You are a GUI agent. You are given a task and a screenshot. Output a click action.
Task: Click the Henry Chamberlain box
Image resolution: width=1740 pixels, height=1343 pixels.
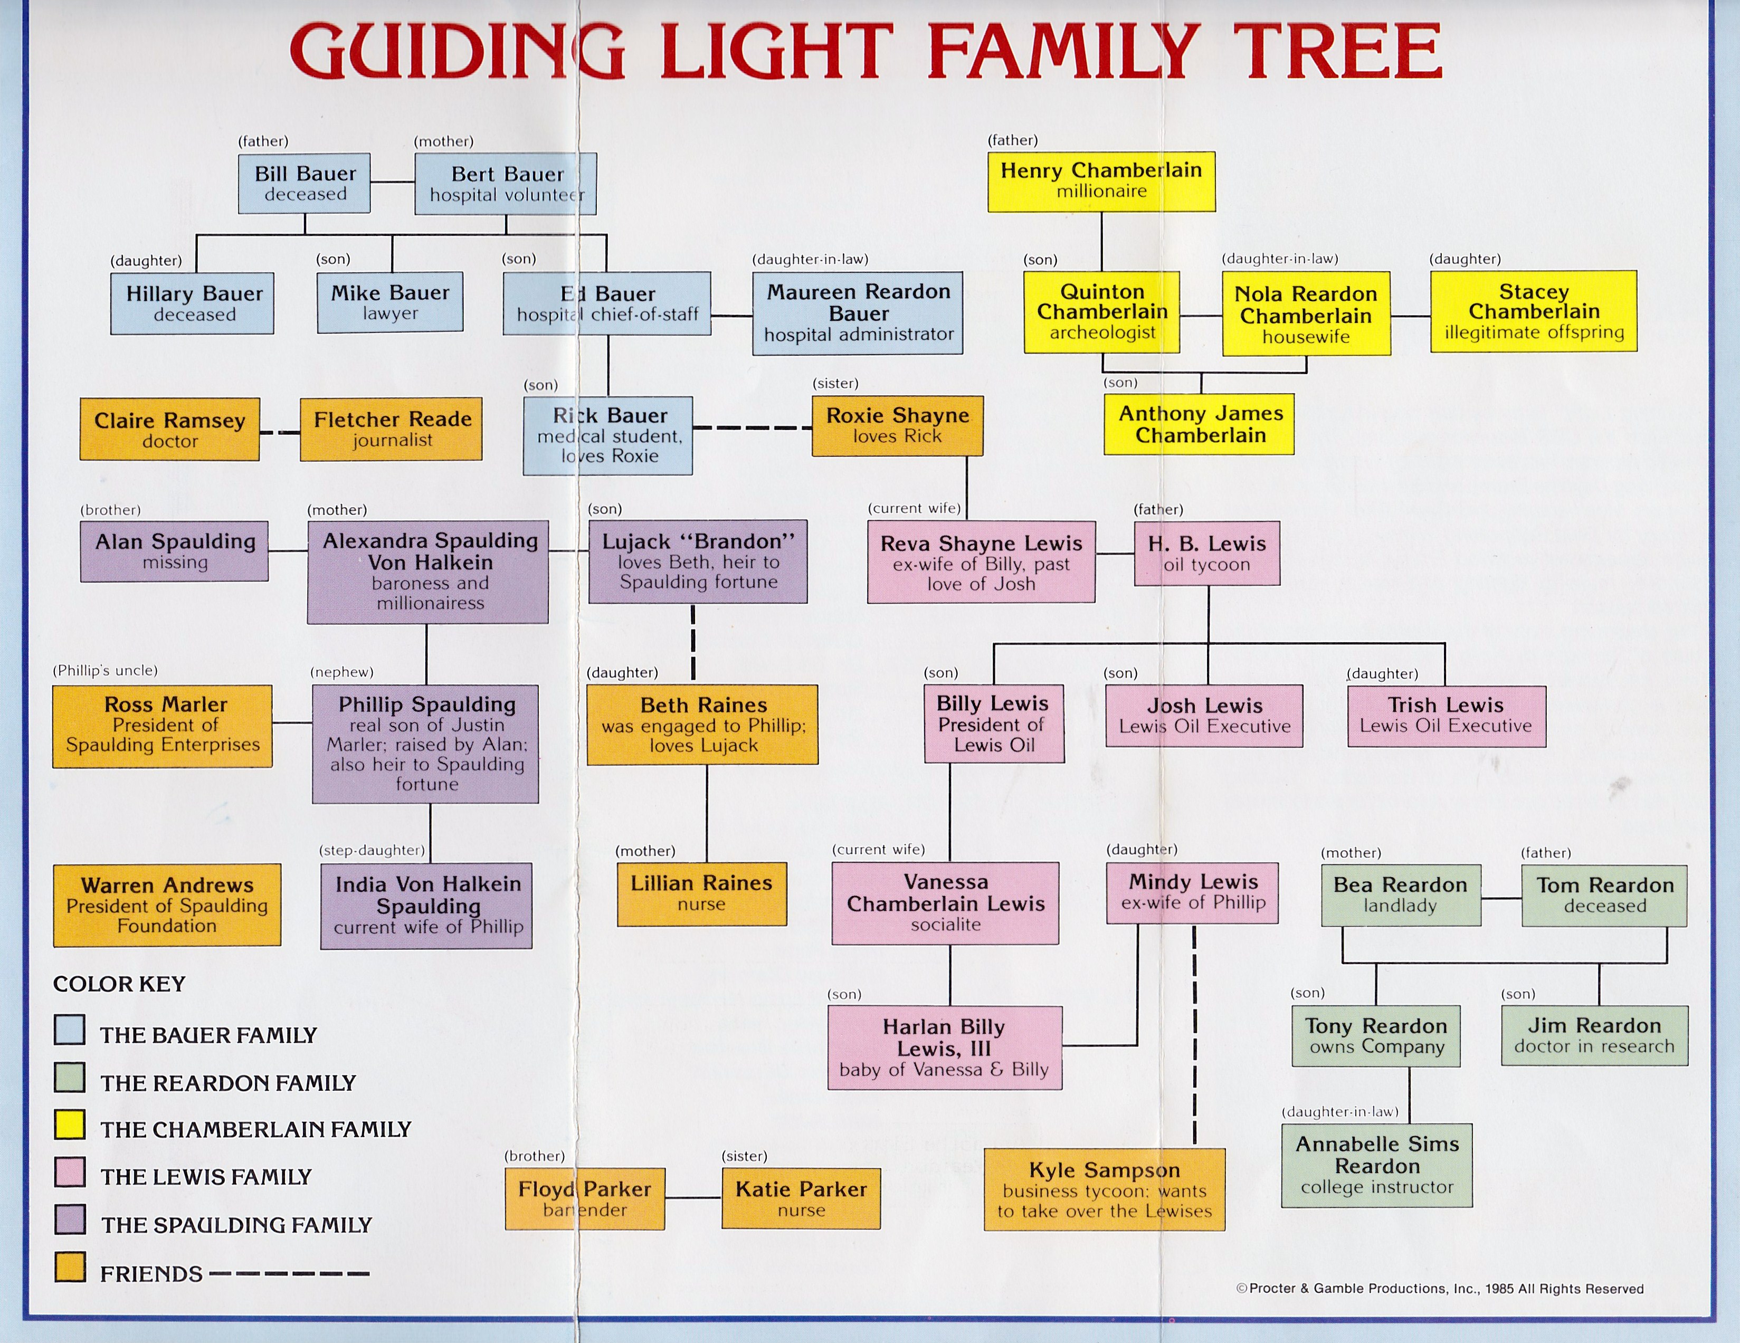click(x=1101, y=181)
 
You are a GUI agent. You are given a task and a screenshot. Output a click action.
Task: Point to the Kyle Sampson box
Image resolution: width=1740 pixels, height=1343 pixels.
click(x=1104, y=1189)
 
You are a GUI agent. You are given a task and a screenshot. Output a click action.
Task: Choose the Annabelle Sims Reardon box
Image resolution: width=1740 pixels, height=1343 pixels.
click(x=1377, y=1165)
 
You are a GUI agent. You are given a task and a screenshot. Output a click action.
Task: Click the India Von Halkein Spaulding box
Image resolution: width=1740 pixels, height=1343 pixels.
click(x=426, y=906)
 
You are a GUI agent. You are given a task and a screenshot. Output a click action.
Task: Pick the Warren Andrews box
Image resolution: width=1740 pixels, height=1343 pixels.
click(x=167, y=905)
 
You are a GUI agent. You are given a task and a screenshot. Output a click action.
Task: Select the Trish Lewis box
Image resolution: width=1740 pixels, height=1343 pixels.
click(x=1446, y=716)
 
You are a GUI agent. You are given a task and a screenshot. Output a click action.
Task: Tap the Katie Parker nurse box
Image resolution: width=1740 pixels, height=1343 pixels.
click(x=801, y=1198)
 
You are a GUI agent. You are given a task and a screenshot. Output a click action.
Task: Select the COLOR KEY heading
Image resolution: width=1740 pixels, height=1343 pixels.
click(x=119, y=984)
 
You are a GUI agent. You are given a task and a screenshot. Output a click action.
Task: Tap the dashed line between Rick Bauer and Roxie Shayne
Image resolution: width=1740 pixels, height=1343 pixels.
click(x=752, y=428)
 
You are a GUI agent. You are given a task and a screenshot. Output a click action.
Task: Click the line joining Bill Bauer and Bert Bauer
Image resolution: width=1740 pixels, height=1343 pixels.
click(x=392, y=183)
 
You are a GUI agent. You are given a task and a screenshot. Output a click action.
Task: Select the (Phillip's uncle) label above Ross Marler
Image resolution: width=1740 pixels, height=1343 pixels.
click(x=105, y=670)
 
